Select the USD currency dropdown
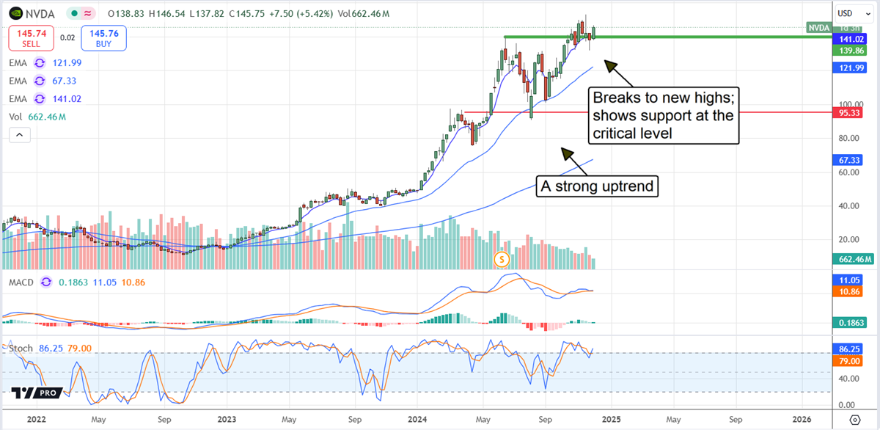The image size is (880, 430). tap(851, 13)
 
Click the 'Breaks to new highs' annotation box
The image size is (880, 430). tap(662, 116)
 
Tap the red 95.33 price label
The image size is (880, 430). tap(849, 113)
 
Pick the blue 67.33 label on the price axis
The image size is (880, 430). tap(849, 159)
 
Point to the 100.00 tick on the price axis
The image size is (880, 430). tap(849, 104)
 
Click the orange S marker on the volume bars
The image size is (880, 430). tap(502, 258)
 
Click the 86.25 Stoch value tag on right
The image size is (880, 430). tap(849, 350)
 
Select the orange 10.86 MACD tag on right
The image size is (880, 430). tap(849, 291)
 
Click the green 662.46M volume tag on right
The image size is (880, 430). tap(853, 259)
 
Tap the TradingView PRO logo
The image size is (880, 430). tap(34, 393)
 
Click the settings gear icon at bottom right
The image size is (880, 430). tap(854, 420)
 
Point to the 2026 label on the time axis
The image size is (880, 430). tap(802, 420)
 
